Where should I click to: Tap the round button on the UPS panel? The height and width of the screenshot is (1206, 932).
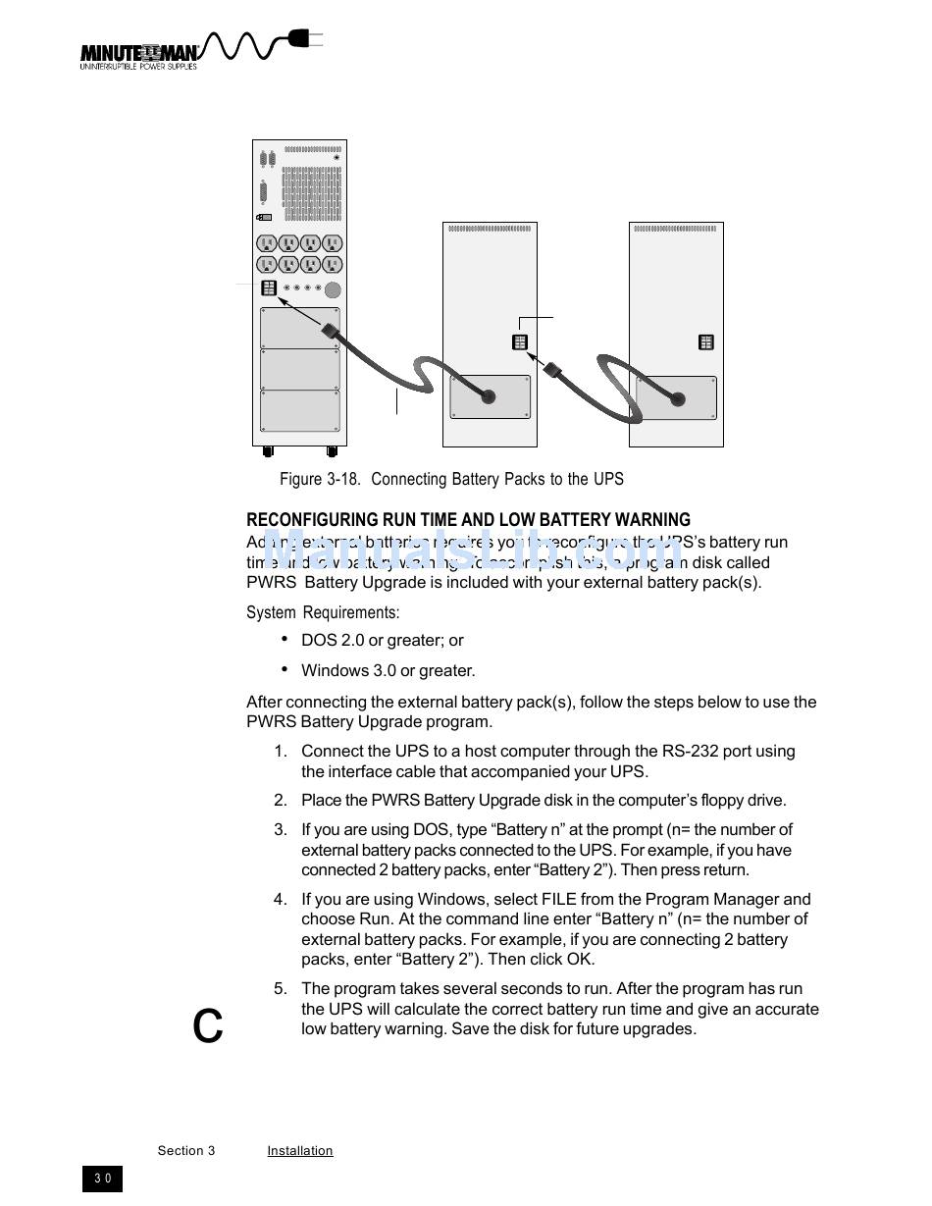coord(333,289)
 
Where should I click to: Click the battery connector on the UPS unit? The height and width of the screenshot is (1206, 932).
coord(269,288)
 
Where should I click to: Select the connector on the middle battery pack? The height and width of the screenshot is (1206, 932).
coord(520,342)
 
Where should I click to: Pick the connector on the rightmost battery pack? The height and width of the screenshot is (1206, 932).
coord(706,342)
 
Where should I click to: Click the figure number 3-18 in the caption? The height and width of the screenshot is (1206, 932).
coord(343,479)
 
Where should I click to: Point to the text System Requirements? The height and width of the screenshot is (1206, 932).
coord(323,612)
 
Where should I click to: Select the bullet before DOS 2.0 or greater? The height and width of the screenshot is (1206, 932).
coord(285,639)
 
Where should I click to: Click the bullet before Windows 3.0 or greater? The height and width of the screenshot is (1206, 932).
coord(285,669)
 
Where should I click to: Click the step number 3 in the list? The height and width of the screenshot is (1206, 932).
coord(281,830)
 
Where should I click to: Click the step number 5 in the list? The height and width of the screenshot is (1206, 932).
coord(281,989)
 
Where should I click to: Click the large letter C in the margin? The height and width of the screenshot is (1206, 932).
coord(208,1026)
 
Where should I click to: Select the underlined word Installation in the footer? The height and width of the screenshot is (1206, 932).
coord(299,1151)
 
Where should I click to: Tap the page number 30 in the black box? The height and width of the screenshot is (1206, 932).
coord(103,1179)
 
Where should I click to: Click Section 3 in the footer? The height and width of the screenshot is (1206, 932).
coord(186,1151)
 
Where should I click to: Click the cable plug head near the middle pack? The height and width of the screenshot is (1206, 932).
coord(551,371)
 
